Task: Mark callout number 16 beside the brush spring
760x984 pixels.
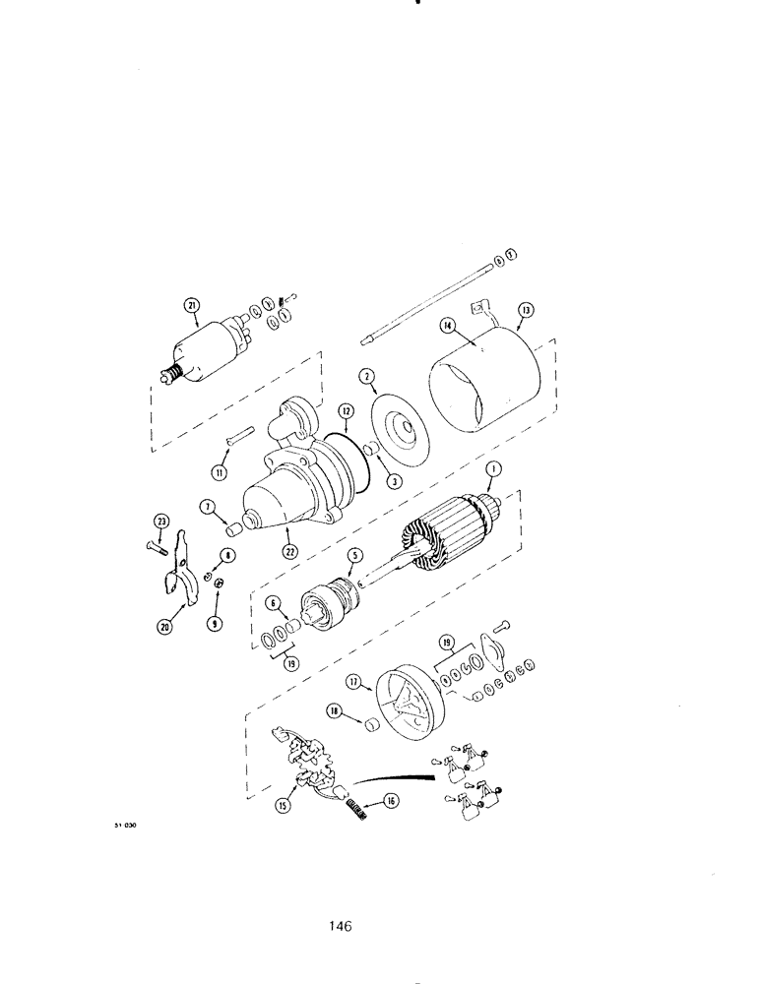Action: coord(391,801)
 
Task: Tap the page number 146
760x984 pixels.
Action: coord(342,925)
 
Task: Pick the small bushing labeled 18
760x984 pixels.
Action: coord(372,725)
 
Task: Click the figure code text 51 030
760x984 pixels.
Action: coord(123,826)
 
